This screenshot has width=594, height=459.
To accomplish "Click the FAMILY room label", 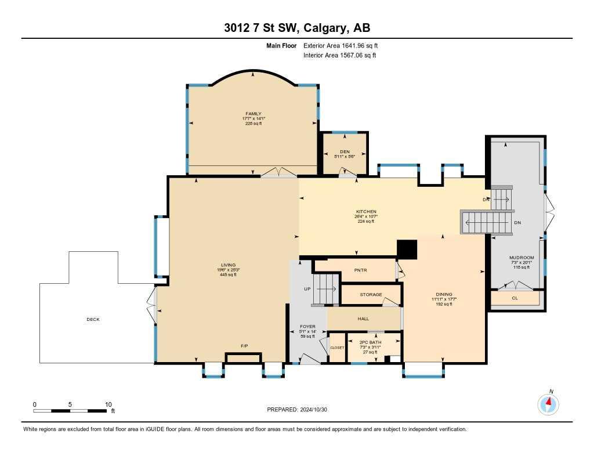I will click(x=253, y=114).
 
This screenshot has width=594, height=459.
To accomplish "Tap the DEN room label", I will click(x=345, y=151).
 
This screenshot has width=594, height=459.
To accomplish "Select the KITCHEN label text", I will click(x=366, y=212).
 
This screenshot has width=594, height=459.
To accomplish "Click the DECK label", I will click(x=93, y=319).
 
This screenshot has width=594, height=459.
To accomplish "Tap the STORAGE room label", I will click(x=371, y=295).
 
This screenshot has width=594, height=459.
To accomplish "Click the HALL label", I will click(x=363, y=319).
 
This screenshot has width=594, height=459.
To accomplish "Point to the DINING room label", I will click(x=444, y=294).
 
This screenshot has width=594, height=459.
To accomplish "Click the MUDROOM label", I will click(x=521, y=258).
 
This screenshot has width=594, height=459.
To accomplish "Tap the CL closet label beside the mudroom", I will click(x=515, y=298).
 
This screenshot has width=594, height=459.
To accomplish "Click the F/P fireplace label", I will click(x=244, y=346).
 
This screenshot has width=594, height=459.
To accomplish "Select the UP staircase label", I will click(x=307, y=288).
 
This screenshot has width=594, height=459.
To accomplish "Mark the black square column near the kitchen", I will click(x=407, y=249).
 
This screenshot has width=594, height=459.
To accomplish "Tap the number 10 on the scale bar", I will click(x=108, y=404).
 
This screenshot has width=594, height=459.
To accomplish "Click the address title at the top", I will click(x=297, y=28).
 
